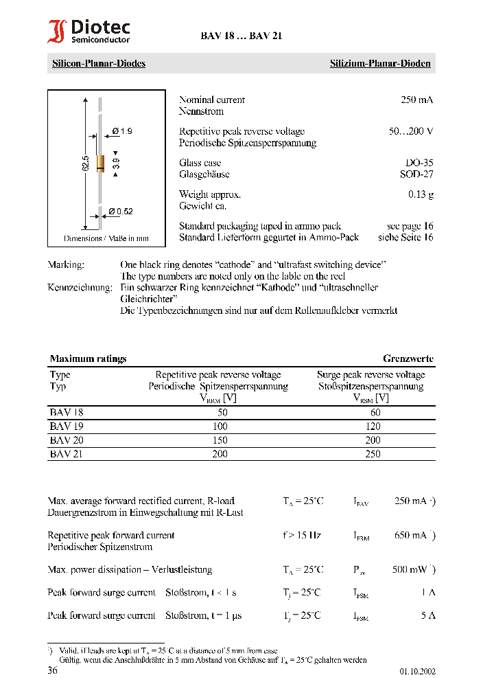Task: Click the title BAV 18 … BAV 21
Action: click(x=241, y=36)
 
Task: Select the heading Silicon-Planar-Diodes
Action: click(x=99, y=64)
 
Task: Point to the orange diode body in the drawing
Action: click(x=100, y=163)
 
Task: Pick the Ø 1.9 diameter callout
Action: click(x=121, y=131)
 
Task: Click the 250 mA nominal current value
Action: click(x=416, y=100)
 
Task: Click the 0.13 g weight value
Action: click(x=421, y=194)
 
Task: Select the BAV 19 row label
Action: click(x=67, y=426)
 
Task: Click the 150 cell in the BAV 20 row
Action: click(x=220, y=440)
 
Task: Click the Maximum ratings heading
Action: click(x=88, y=359)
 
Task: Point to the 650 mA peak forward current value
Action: click(x=411, y=536)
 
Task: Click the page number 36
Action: click(x=52, y=670)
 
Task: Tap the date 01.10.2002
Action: click(x=417, y=672)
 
